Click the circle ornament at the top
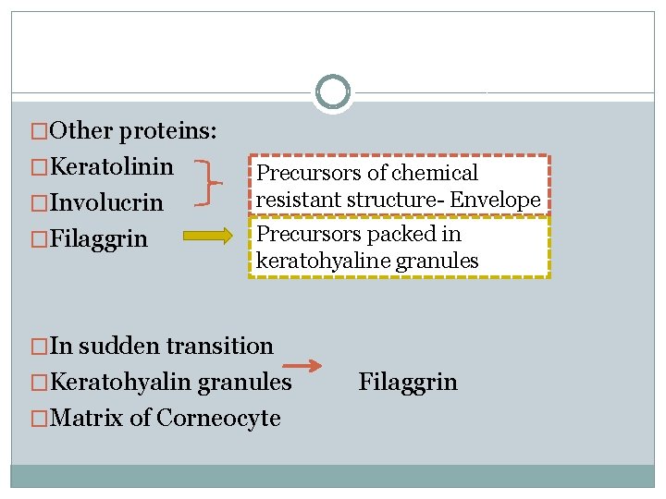(332, 92)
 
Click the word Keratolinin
(112, 166)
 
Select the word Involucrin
(106, 202)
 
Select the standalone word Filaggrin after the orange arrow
(408, 382)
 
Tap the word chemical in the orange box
(435, 173)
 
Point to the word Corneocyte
(218, 418)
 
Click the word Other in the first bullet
(82, 130)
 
